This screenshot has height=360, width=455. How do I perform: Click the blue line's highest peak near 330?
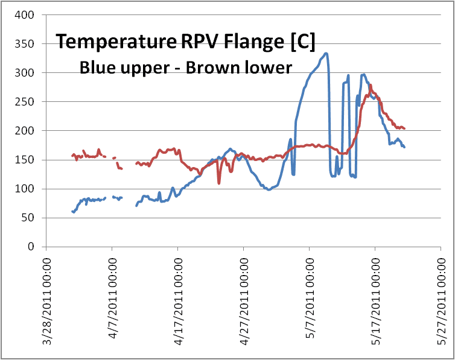(326, 54)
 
